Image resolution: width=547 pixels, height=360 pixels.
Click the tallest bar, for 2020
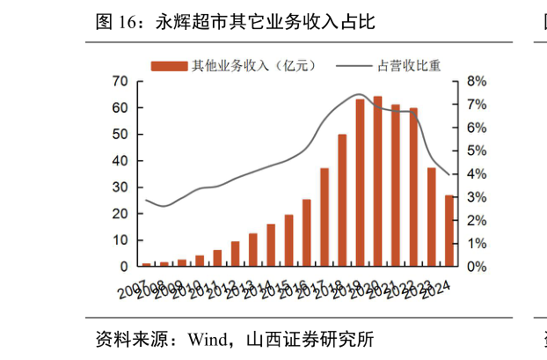377,181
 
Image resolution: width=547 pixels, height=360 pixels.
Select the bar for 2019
360,183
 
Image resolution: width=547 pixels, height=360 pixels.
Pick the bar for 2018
342,200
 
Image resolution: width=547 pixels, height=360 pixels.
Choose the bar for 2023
432,217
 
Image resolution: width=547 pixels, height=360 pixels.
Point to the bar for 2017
325,217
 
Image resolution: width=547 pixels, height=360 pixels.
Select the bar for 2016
306,232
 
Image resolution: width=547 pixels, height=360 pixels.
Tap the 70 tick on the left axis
120,81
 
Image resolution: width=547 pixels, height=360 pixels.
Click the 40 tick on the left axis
120,161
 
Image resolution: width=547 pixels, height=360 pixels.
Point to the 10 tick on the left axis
120,240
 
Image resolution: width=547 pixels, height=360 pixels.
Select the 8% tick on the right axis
476,81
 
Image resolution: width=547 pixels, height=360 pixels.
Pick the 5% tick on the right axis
476,151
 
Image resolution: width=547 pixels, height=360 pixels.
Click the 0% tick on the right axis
476,267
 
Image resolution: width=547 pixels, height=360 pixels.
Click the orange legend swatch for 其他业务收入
169,66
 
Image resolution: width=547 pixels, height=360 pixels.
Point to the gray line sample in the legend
354,66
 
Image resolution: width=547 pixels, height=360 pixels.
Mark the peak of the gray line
359,93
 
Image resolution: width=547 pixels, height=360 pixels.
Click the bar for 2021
396,186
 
